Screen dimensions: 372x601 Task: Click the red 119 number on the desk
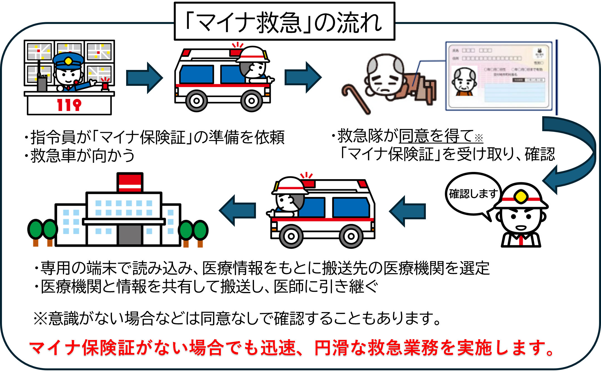click(69, 105)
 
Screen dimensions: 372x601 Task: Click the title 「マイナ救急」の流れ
click(284, 22)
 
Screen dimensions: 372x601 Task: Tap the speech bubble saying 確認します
click(473, 194)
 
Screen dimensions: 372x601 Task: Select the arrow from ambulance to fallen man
click(303, 77)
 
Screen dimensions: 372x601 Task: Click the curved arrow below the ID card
click(574, 156)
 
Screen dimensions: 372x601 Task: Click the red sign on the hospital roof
click(130, 183)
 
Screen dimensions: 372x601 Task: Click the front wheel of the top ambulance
click(251, 101)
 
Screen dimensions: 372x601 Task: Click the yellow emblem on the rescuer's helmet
click(521, 197)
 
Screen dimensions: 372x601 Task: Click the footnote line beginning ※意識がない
click(237, 318)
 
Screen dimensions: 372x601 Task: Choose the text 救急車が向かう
click(82, 155)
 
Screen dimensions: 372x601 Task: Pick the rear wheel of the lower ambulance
click(351, 236)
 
